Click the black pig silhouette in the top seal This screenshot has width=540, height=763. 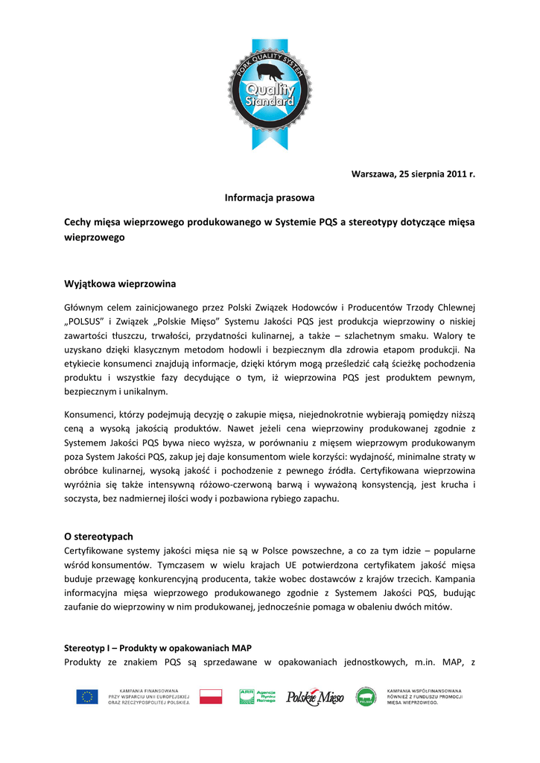pyautogui.click(x=270, y=72)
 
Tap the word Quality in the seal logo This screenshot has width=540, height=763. pyautogui.click(x=270, y=90)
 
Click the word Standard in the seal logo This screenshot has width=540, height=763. pyautogui.click(x=270, y=102)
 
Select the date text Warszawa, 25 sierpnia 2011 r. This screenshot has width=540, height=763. pyautogui.click(x=413, y=174)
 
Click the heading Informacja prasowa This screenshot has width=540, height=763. pyautogui.click(x=270, y=198)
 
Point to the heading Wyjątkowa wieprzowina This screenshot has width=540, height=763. pyautogui.click(x=120, y=284)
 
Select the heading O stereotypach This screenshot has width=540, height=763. pyautogui.click(x=98, y=536)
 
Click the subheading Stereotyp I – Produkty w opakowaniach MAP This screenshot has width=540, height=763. pyautogui.click(x=162, y=648)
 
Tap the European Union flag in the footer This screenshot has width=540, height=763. pyautogui.click(x=86, y=697)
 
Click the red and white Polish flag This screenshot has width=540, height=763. pyautogui.click(x=211, y=697)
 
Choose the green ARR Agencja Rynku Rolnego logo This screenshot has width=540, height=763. pyautogui.click(x=256, y=697)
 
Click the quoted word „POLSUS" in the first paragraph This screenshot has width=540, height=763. pyautogui.click(x=88, y=321)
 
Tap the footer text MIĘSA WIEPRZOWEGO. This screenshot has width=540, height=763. pyautogui.click(x=412, y=703)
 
